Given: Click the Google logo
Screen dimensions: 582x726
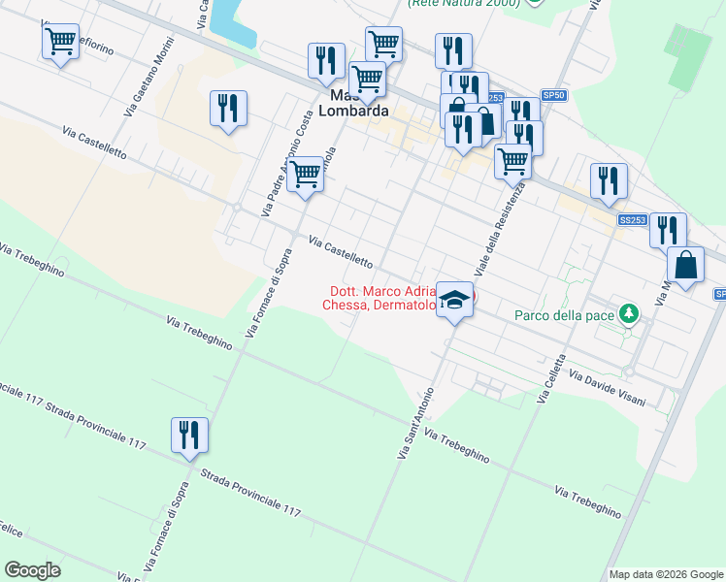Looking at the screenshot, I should coord(32,570).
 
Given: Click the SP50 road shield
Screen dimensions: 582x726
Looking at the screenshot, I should coord(553,95).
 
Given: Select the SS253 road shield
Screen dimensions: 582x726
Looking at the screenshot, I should coord(633,220).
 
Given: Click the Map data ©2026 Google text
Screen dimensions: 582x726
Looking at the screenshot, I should coord(665,573).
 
